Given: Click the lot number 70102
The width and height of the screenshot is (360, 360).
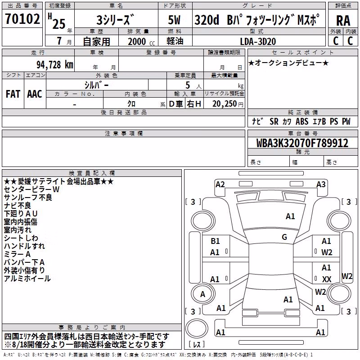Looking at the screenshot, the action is point(22,18).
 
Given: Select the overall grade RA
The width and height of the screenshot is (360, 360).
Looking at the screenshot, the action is point(343,21).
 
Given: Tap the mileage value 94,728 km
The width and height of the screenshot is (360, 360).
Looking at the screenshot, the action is point(54,65).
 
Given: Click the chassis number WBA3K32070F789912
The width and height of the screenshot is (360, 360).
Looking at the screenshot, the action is point(302,143).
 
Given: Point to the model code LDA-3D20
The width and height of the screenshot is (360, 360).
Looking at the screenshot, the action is point(258,41).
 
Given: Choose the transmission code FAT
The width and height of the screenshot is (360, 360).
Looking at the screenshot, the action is point(13,94).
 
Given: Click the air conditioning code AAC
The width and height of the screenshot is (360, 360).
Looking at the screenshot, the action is point(35,94).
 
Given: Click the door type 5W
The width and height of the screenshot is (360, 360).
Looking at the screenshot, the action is point(174,20).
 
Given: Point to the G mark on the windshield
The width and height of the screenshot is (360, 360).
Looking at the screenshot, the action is point(284,237).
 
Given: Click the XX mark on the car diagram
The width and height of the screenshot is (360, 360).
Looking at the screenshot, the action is point(327,279).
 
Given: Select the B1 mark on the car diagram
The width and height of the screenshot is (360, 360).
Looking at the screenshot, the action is point(215,241).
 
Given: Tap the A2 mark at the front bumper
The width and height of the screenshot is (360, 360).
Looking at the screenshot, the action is point(220,184).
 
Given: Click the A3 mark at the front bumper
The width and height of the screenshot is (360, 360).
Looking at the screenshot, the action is point(321,184).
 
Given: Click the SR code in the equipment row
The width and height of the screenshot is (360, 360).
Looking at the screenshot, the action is point(274,121).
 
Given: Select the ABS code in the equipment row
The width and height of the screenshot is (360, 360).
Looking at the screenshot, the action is point(302,121).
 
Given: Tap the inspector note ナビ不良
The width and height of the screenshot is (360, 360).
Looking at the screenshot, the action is point(18,206).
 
